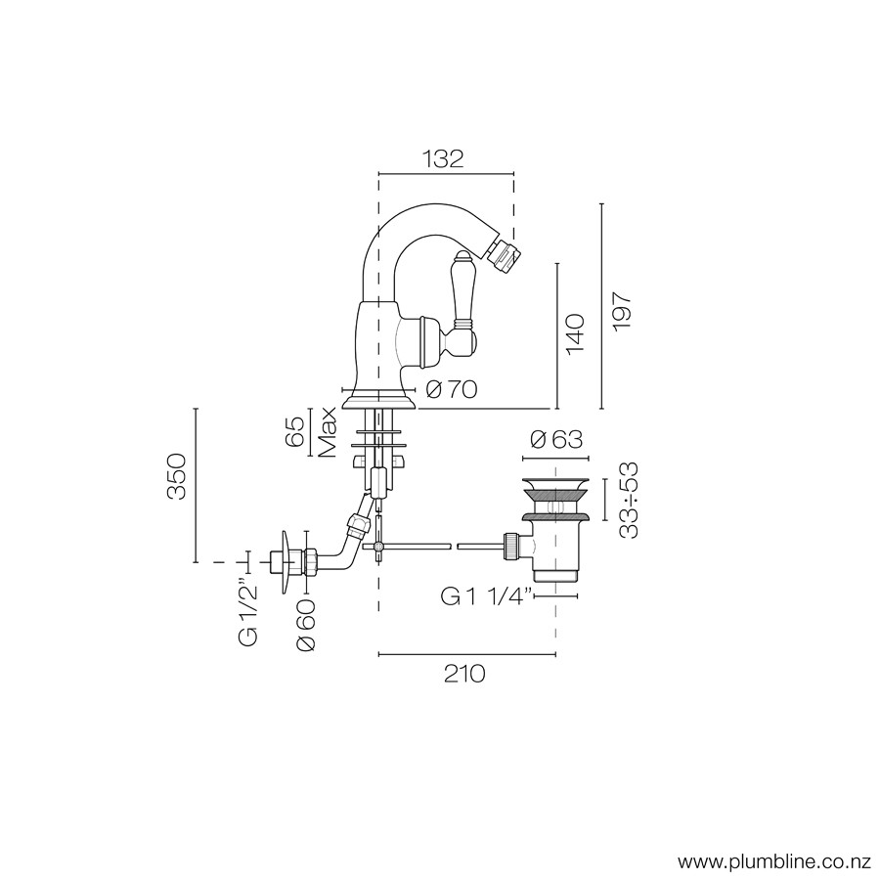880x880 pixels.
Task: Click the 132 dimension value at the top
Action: coord(443,159)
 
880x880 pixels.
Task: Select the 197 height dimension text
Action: coord(623,312)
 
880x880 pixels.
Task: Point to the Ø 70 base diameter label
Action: coord(451,389)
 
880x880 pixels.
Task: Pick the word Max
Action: coord(327,431)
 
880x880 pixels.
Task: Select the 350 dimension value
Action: coord(176,477)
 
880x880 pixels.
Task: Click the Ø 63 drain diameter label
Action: coord(556,439)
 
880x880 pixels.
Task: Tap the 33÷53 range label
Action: coord(630,500)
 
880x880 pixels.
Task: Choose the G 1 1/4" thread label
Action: coord(486,597)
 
